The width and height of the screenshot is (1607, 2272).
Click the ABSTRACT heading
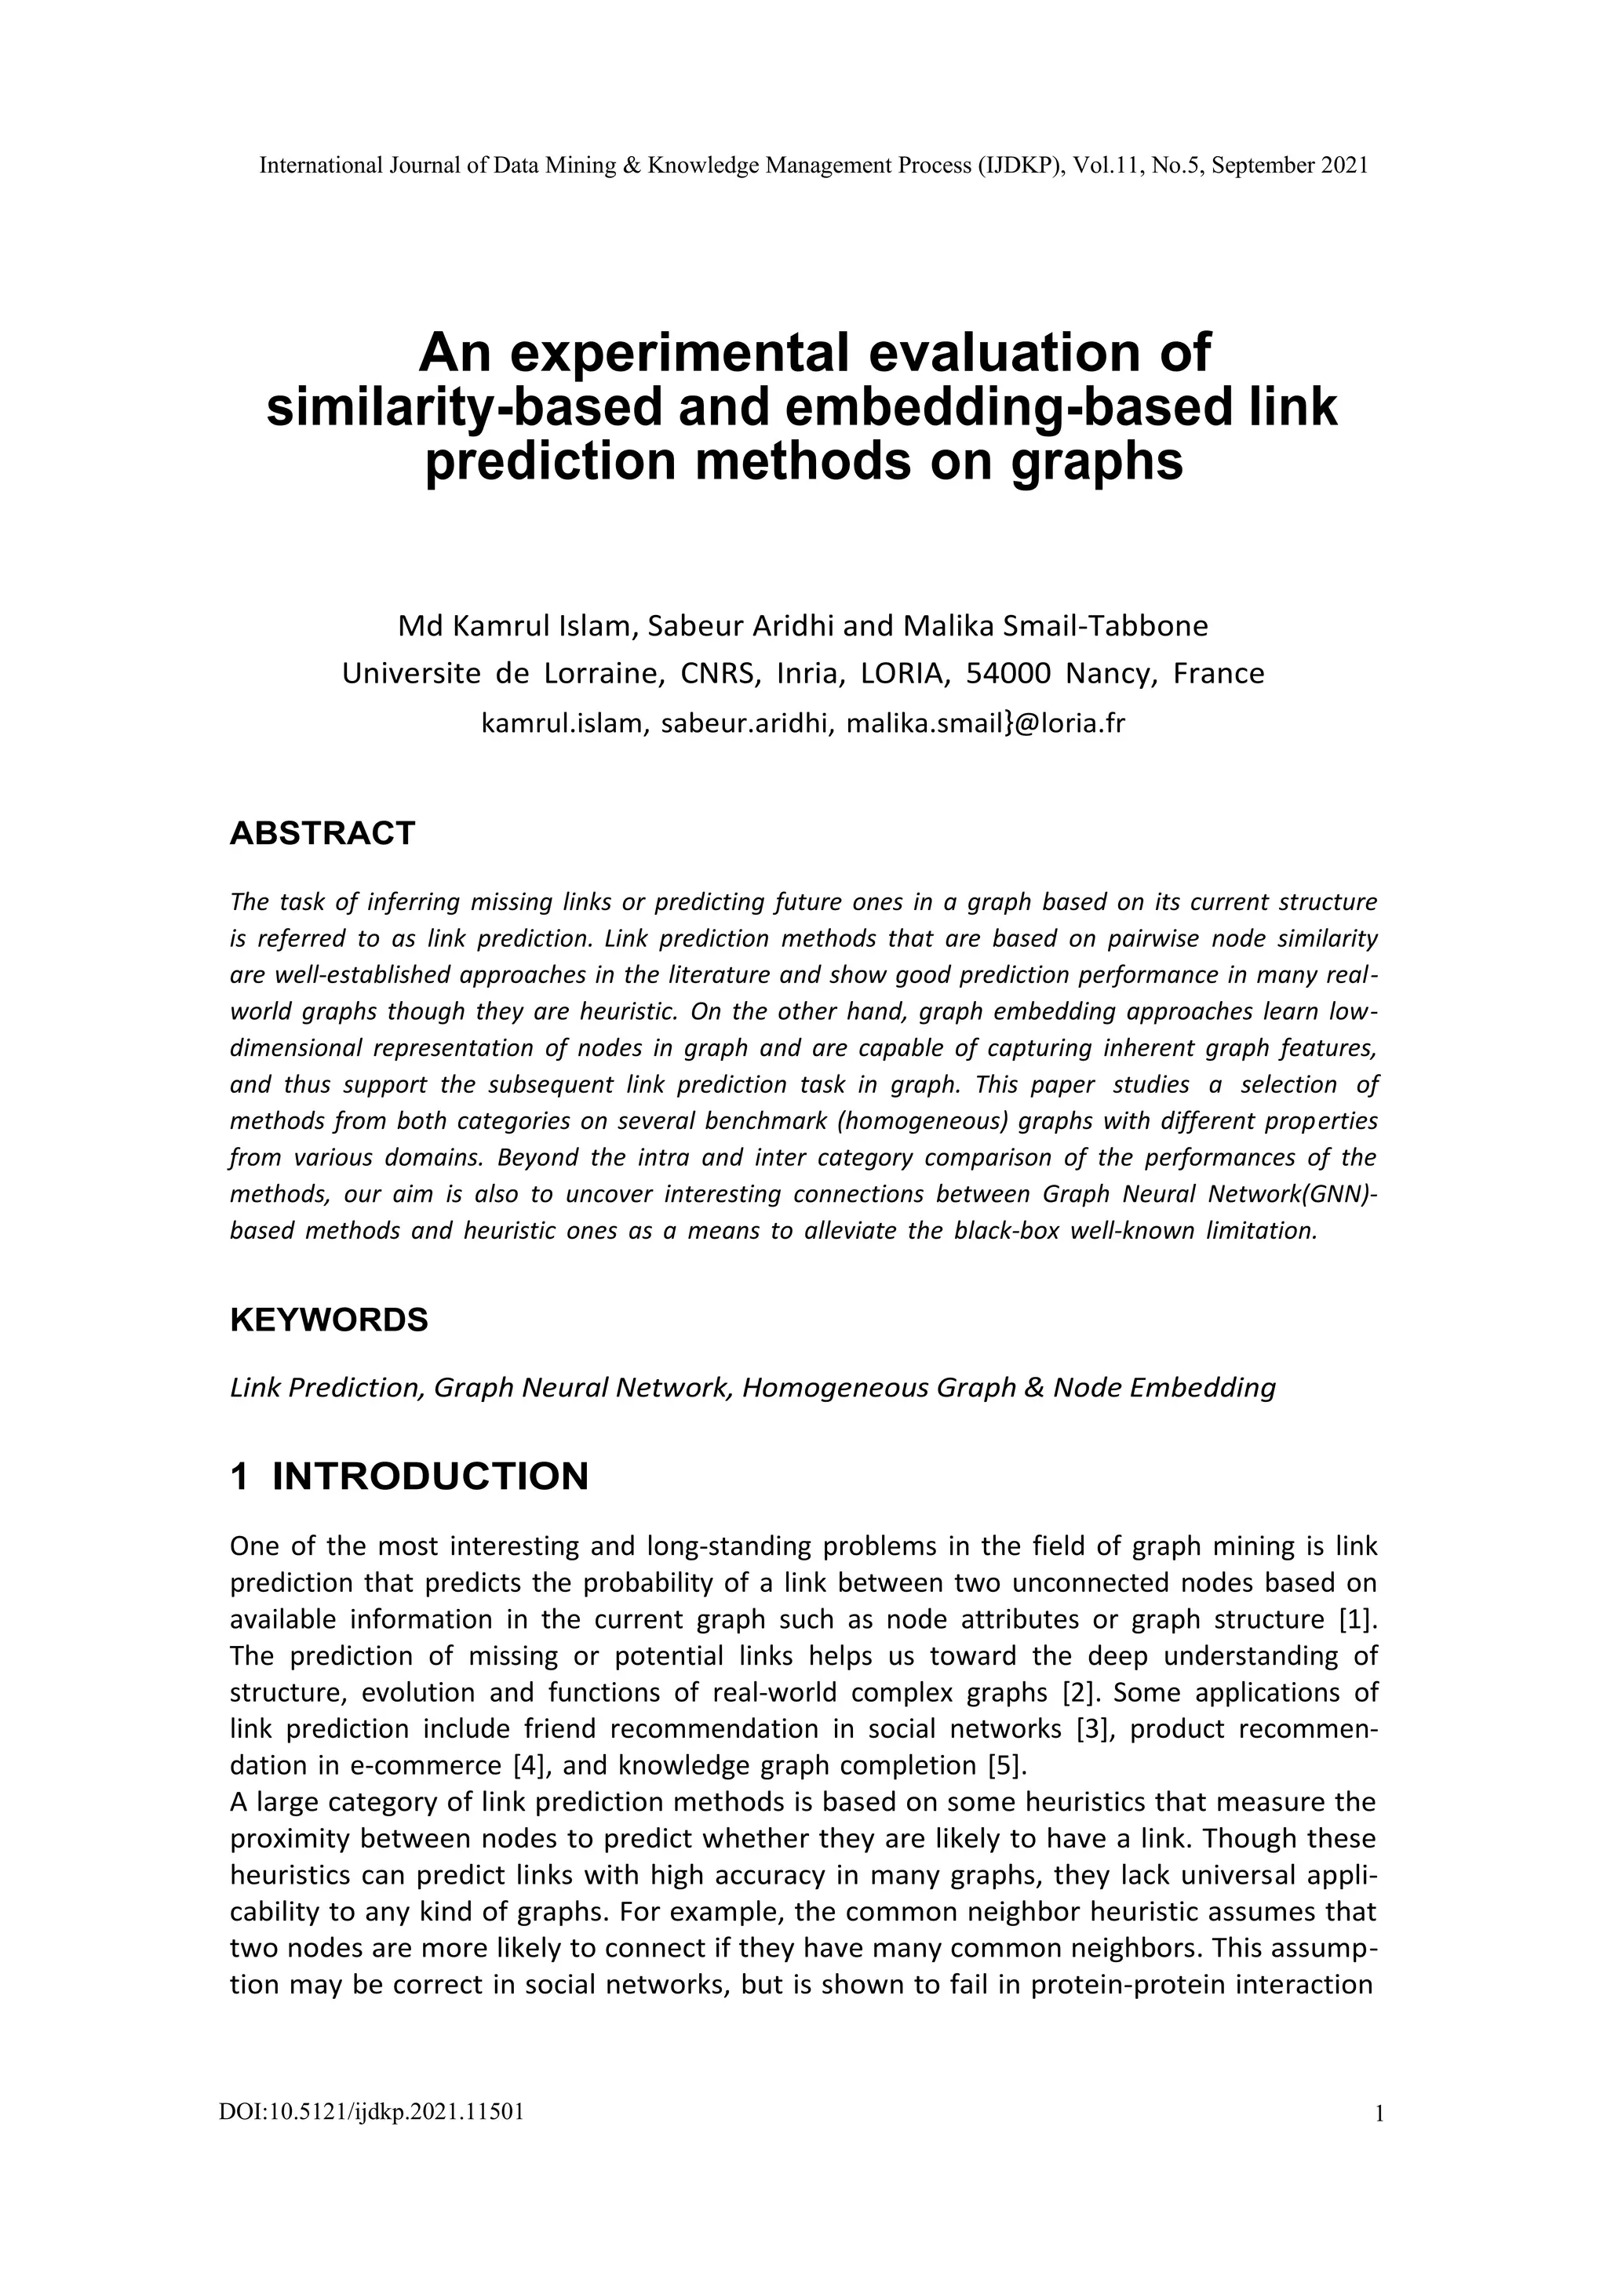click(x=322, y=833)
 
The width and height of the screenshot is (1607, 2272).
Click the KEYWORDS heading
click(x=329, y=1320)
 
